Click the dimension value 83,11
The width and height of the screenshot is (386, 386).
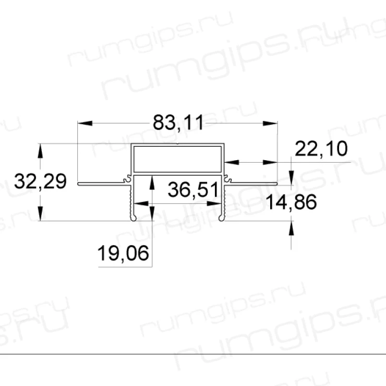pos(178,123)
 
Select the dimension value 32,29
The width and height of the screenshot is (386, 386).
pos(40,182)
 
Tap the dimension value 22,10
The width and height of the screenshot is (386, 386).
pos(321,149)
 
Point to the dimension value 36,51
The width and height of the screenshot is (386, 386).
pos(193,189)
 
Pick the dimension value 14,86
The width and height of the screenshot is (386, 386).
pos(291,202)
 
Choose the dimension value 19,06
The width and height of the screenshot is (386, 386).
pos(123,253)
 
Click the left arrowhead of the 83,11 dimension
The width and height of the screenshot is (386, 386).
pos(85,123)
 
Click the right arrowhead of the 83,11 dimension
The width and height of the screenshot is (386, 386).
pos(270,123)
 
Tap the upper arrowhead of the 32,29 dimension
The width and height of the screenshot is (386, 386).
pos(41,151)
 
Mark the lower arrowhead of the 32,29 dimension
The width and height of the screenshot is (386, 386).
pos(41,213)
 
